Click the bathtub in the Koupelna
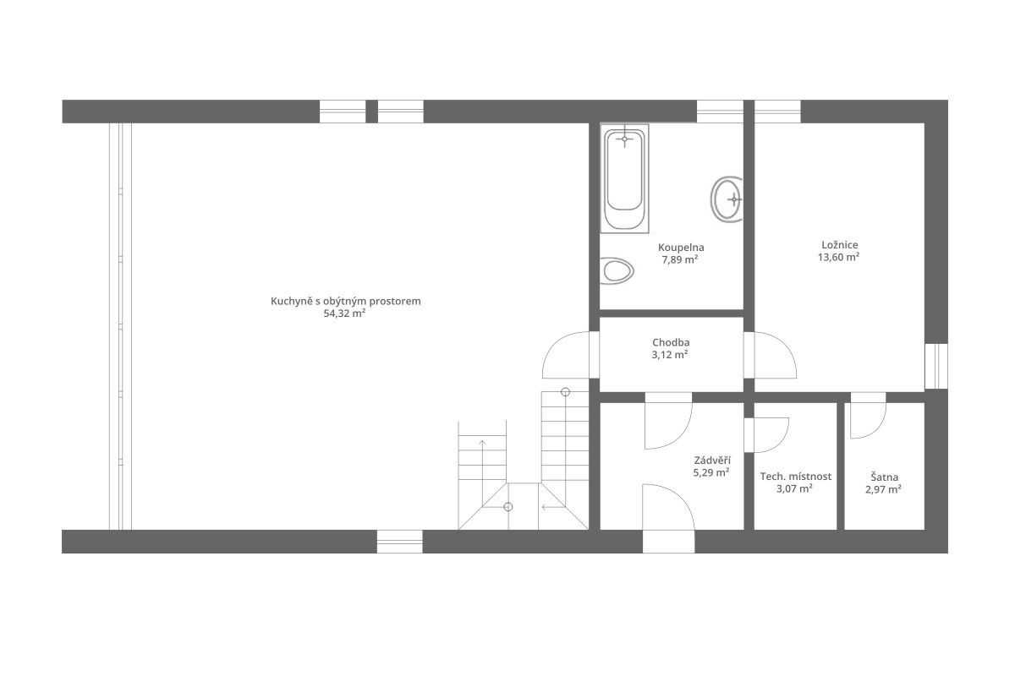(x=624, y=178)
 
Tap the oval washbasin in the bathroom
(x=727, y=199)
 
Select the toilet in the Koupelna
(x=617, y=270)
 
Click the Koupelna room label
(x=681, y=248)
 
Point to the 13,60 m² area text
(x=838, y=257)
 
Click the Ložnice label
(x=840, y=244)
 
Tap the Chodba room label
(x=671, y=342)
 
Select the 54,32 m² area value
(x=344, y=313)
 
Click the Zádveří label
(x=712, y=460)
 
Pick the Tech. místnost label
(x=796, y=477)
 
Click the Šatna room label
(x=884, y=477)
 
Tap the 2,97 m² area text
(x=883, y=489)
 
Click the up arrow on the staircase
(x=482, y=467)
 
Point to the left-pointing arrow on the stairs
(x=553, y=507)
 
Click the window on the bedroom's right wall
(x=936, y=366)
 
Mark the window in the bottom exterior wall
(x=399, y=542)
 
